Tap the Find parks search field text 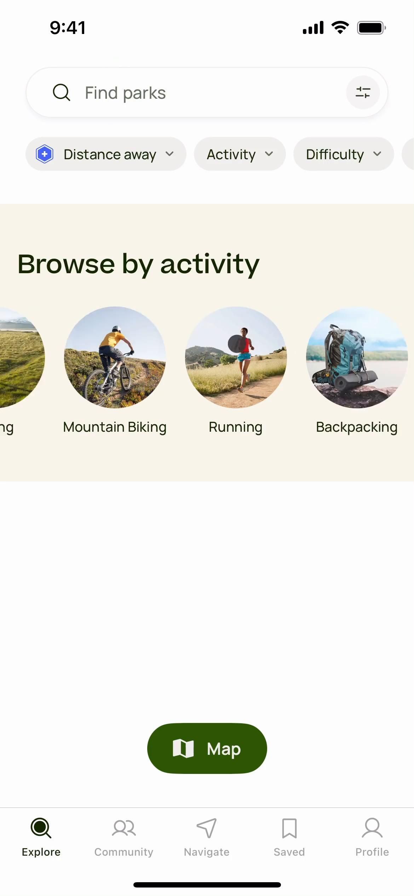(125, 93)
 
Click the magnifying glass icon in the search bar (62, 92)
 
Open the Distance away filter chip (106, 154)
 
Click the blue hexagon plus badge (45, 154)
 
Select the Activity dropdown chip (240, 154)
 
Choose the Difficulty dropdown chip (344, 154)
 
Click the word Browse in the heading (66, 264)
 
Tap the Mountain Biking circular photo (115, 357)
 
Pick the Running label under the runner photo (236, 427)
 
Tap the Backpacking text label (357, 427)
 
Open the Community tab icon (124, 828)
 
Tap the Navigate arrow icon (207, 828)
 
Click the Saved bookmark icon (289, 828)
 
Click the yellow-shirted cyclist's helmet (117, 329)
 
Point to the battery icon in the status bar (372, 28)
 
